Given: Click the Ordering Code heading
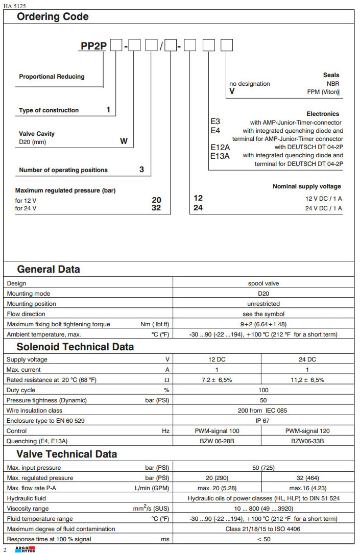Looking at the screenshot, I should point(53,17).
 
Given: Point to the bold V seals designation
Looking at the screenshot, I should point(232,91).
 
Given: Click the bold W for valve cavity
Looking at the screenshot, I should point(124,141).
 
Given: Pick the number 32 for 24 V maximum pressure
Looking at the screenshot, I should point(156,208).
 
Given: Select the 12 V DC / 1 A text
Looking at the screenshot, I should point(324,198).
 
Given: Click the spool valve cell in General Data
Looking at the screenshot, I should point(263,283).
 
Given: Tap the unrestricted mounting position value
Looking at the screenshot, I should point(263,304).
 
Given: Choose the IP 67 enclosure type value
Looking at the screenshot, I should point(263,420).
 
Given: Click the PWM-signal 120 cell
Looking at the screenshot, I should point(307,430).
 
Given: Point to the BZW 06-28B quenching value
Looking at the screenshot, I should point(217,441).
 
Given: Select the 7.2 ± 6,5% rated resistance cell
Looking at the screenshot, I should point(217,380).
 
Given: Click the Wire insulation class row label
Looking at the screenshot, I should point(34,410).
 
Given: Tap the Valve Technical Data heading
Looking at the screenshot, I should point(66,454).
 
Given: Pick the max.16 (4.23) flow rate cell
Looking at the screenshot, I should point(307,488).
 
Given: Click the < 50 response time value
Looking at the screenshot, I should point(263,539).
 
